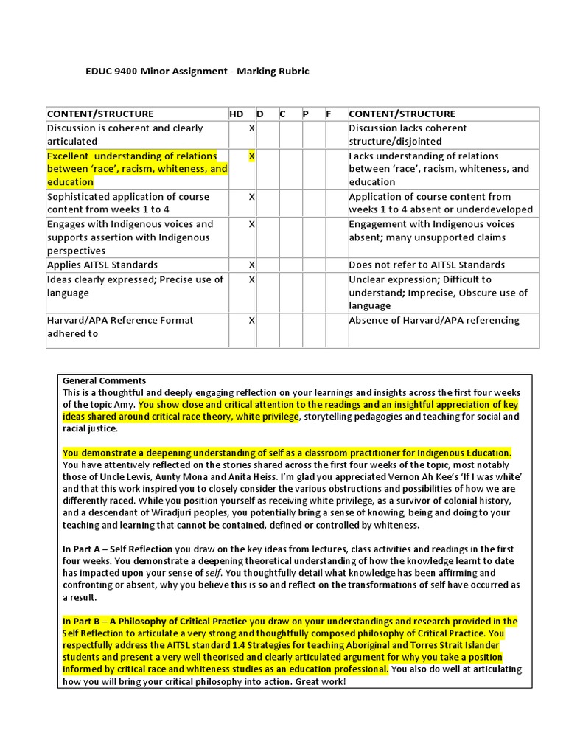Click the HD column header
(236, 114)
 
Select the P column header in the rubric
(305, 114)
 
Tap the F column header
(329, 114)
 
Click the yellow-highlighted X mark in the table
(251, 156)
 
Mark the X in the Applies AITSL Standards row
(251, 265)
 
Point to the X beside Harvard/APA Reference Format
(251, 320)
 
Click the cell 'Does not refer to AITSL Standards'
(427, 265)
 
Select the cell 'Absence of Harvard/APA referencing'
(433, 320)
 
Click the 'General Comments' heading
(104, 380)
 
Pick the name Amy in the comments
(125, 404)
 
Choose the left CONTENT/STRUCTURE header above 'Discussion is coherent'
(100, 114)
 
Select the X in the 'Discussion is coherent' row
(251, 128)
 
